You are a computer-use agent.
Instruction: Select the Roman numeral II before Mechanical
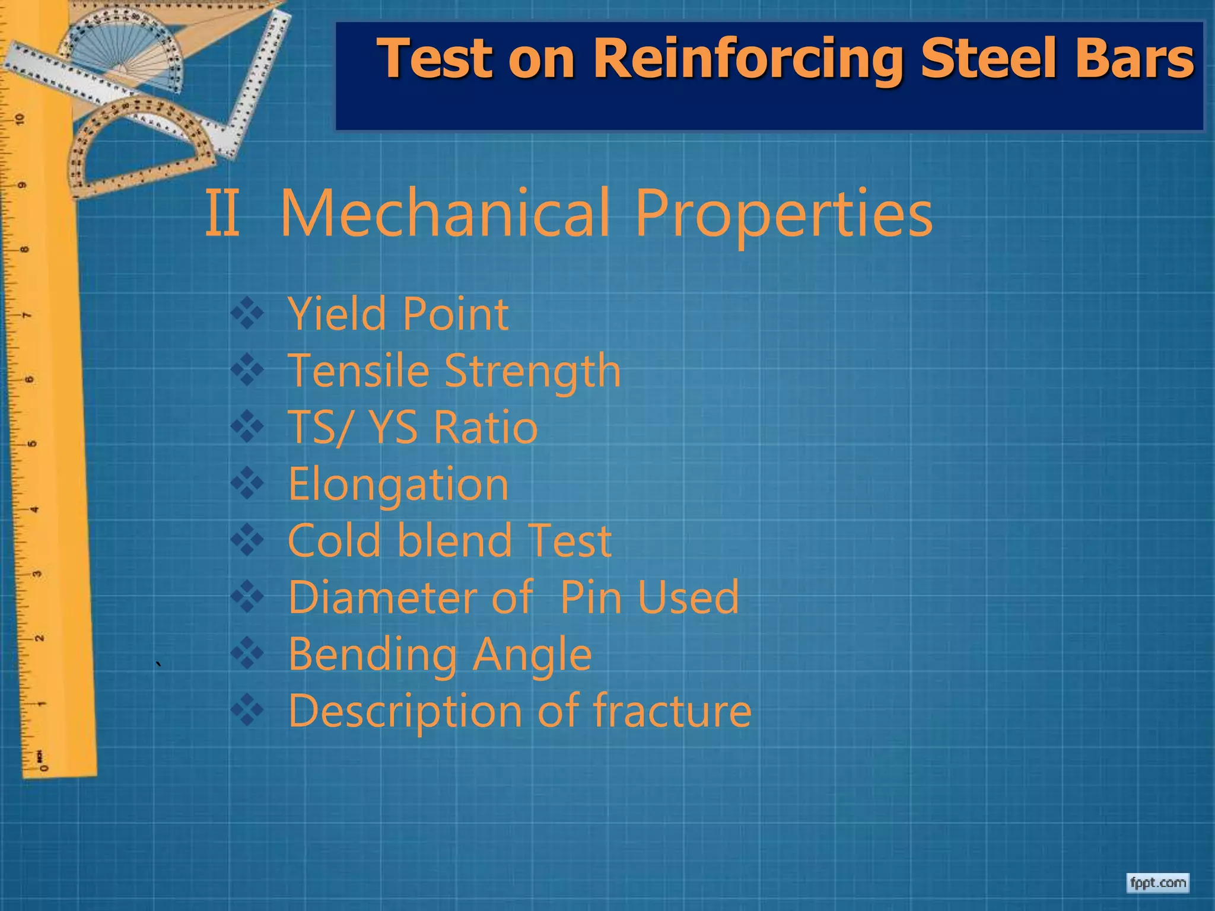[222, 213]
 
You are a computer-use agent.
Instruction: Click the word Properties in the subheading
[783, 215]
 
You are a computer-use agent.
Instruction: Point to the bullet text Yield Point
[397, 314]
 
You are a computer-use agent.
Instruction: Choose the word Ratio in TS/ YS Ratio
[485, 427]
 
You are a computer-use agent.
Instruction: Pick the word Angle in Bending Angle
[532, 654]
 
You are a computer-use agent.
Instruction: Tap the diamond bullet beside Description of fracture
[247, 710]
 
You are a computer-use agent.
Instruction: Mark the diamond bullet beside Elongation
[247, 483]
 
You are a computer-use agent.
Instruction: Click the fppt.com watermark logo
[1157, 883]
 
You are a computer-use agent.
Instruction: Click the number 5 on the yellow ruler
[33, 444]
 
